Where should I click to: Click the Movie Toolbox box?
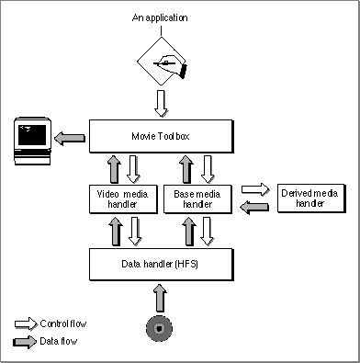[x=162, y=136]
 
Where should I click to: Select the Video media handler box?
[x=123, y=199]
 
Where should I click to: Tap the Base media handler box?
[x=197, y=199]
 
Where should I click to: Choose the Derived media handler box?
[x=311, y=198]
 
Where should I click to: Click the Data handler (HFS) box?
[x=162, y=265]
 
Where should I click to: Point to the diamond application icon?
[x=162, y=61]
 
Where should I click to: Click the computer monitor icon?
[x=33, y=141]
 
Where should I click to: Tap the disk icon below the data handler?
[x=159, y=329]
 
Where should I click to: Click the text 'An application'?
[x=160, y=17]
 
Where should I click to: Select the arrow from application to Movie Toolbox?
[x=161, y=104]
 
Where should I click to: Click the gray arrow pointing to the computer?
[x=70, y=138]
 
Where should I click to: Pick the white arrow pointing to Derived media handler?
[x=255, y=189]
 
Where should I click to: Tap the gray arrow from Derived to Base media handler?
[x=254, y=207]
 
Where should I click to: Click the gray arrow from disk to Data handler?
[x=160, y=298]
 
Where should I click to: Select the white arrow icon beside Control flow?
[x=26, y=323]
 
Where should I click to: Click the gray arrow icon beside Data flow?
[x=25, y=342]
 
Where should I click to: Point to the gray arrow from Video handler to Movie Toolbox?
[x=115, y=169]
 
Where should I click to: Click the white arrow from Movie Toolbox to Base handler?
[x=208, y=169]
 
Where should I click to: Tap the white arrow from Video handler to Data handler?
[x=134, y=232]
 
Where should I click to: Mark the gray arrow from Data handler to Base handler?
[x=189, y=232]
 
